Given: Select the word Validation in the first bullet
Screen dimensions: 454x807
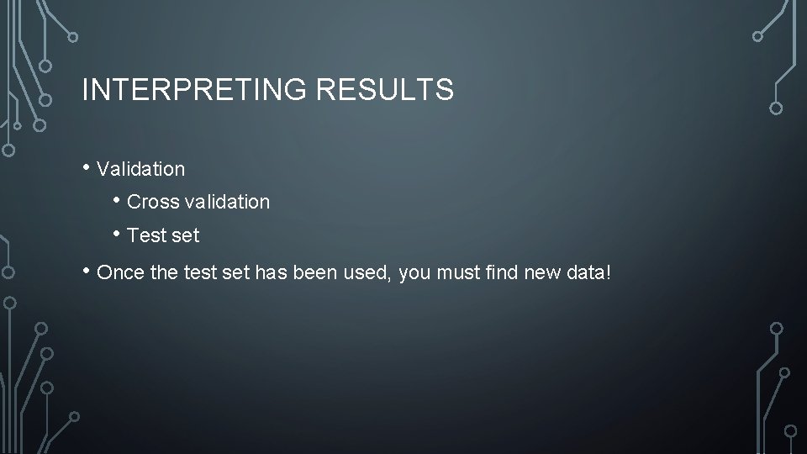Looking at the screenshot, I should click(141, 169).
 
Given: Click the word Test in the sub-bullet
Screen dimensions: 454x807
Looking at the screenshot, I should click(146, 236).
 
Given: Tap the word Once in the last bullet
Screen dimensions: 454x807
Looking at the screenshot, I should click(120, 272).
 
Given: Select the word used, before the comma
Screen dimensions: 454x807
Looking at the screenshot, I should click(368, 272).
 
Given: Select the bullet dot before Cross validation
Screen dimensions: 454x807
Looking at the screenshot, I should click(117, 199).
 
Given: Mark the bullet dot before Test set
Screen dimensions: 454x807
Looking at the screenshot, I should click(117, 233).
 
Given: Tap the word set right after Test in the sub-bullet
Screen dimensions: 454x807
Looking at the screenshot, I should click(186, 236).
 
